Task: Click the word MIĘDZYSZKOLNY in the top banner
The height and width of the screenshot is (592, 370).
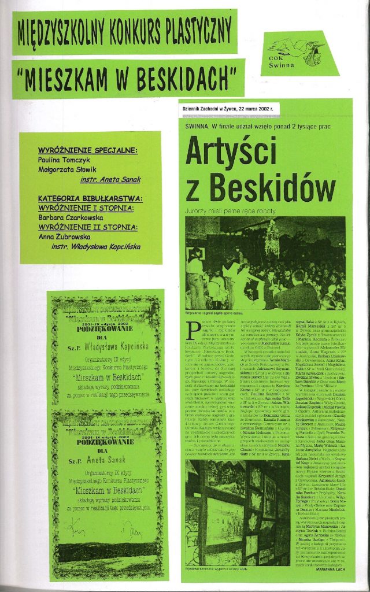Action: tap(61, 31)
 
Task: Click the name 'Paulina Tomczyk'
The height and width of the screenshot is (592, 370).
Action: tap(65, 159)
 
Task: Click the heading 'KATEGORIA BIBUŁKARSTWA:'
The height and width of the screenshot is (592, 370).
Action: tap(90, 198)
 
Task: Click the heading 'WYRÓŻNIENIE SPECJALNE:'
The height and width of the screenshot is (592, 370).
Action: tap(87, 150)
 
